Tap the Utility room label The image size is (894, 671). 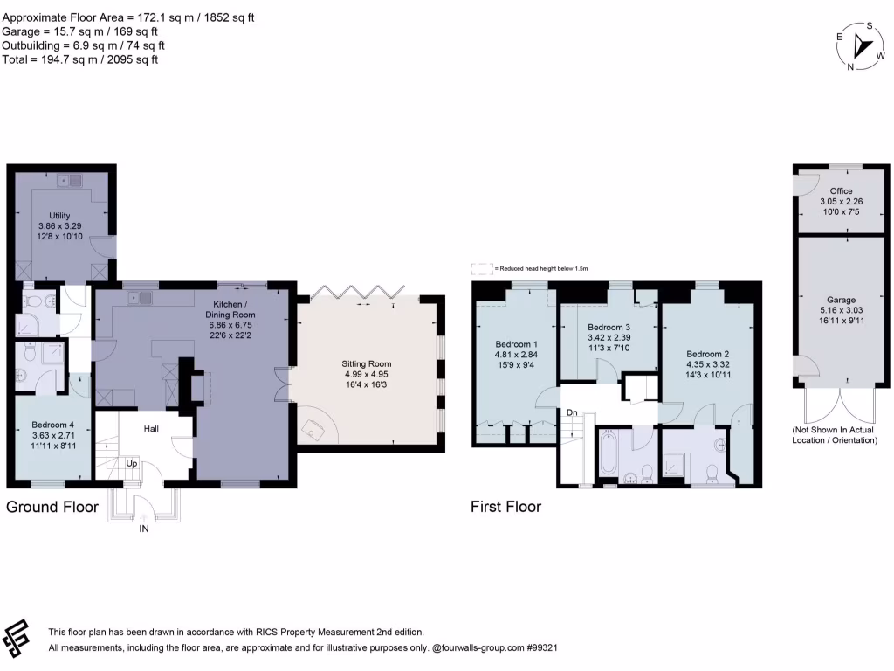click(x=60, y=215)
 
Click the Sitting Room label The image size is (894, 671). click(x=366, y=363)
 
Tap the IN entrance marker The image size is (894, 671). click(x=144, y=529)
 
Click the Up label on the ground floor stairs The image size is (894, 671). click(x=132, y=464)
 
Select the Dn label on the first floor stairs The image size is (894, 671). click(x=572, y=412)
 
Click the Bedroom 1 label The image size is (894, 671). click(x=517, y=343)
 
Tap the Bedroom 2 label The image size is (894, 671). click(x=707, y=354)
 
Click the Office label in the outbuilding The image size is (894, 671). click(x=842, y=191)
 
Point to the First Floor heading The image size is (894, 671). click(x=505, y=507)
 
